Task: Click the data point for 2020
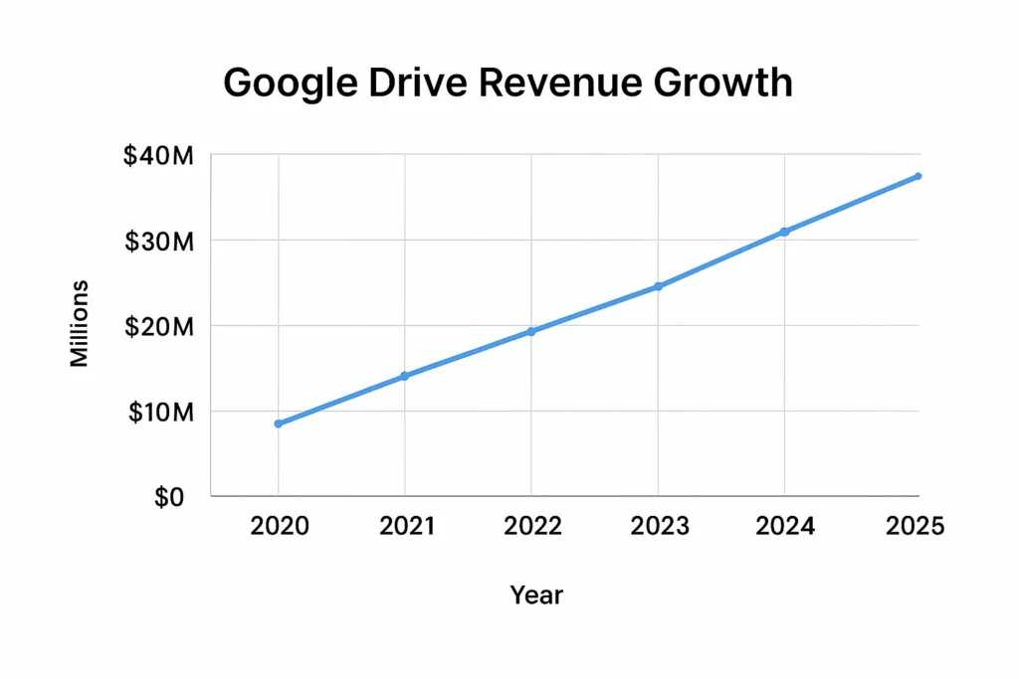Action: click(x=279, y=424)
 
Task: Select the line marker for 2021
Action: click(x=405, y=376)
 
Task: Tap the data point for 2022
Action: click(x=531, y=331)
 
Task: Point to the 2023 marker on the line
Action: click(x=658, y=286)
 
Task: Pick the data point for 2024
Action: click(x=784, y=232)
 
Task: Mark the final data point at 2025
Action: click(x=917, y=176)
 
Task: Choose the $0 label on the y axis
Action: click(x=169, y=497)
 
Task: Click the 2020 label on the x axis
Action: click(x=280, y=526)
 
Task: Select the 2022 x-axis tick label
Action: click(x=532, y=526)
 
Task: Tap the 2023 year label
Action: click(x=659, y=526)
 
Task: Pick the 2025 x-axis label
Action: click(x=914, y=526)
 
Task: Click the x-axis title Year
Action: click(x=536, y=595)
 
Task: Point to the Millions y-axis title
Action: click(x=80, y=324)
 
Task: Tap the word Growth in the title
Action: click(x=723, y=83)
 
